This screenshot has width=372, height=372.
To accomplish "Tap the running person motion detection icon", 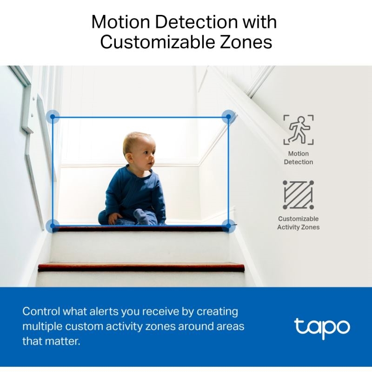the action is tap(299, 130).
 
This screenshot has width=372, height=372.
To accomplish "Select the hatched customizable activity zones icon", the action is tap(298, 195).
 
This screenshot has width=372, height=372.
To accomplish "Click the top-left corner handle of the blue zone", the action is tap(53, 117).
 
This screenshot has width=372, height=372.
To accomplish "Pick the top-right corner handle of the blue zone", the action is tap(228, 117).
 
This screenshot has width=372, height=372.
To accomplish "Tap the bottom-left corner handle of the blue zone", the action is tap(53, 226).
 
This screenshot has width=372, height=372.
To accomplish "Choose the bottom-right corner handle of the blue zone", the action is tap(228, 226).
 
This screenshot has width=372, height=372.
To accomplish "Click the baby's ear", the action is tap(129, 158).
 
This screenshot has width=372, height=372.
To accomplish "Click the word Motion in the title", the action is tap(121, 22).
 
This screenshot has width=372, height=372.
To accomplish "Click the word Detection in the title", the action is tap(196, 22).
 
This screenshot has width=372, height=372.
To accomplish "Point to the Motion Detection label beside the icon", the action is tap(299, 158).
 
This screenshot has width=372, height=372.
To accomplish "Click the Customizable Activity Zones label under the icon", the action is tap(299, 223).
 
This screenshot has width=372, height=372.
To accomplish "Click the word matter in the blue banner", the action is tap(62, 341).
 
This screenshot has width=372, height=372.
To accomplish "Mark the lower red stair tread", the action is tap(141, 267).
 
